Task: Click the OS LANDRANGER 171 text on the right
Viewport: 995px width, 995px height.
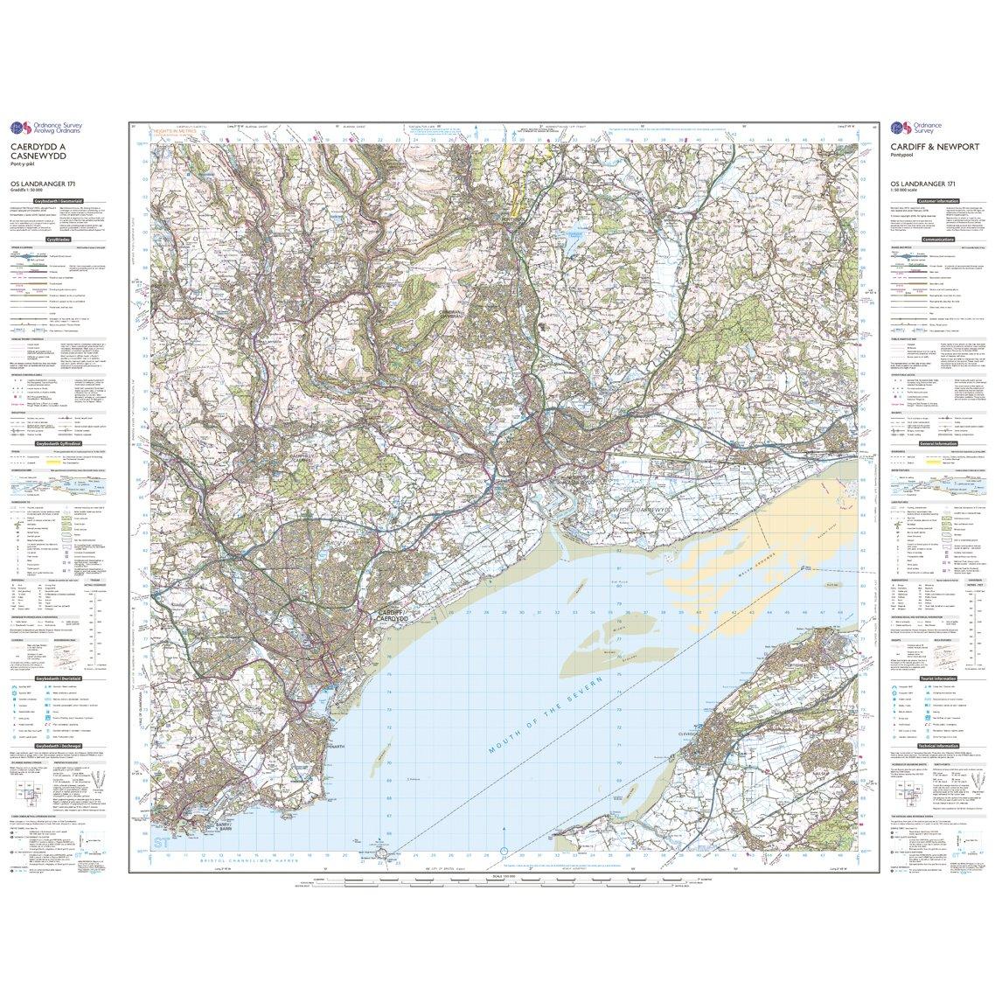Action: click(924, 182)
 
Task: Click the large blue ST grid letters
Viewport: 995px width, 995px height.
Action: click(160, 843)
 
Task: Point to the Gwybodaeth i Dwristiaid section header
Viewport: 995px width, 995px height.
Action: click(59, 678)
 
